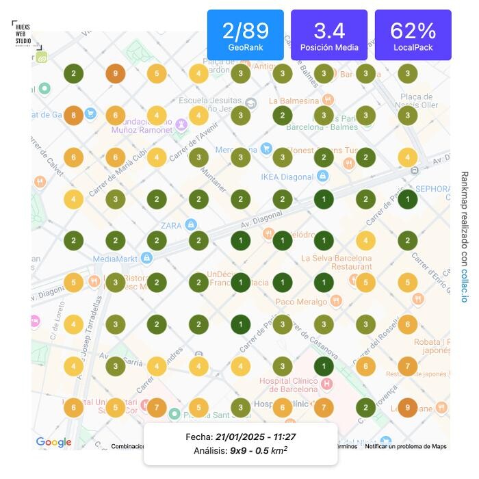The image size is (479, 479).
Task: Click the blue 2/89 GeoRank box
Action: coord(245,35)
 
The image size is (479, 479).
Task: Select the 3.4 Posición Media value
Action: coord(329,31)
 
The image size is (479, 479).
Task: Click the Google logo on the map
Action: coord(54,442)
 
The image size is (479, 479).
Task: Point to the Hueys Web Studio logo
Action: coord(23,32)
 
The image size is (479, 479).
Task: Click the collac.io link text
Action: coord(464,287)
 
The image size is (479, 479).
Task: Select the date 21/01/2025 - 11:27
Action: coord(255,437)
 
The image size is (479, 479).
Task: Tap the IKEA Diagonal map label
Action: coord(287,177)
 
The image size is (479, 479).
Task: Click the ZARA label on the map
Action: coord(171,225)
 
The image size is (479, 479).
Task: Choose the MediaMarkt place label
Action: coord(114,259)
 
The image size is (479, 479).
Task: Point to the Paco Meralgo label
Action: coord(301,301)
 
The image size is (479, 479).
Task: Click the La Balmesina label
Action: coord(294,101)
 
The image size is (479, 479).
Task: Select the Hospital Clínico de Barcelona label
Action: coord(288,385)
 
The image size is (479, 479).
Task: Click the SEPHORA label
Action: coord(432,189)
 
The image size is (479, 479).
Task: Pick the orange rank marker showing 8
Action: coord(73,116)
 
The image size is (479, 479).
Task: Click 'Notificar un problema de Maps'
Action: coord(405,447)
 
